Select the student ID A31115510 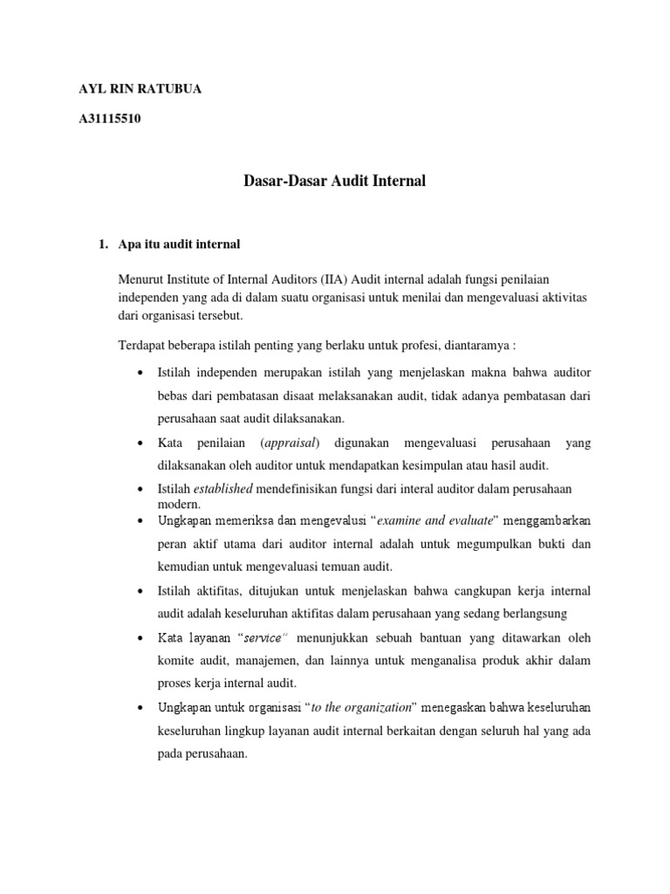pos(110,119)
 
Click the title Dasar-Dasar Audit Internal pos(332,182)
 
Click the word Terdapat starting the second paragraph pos(142,343)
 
